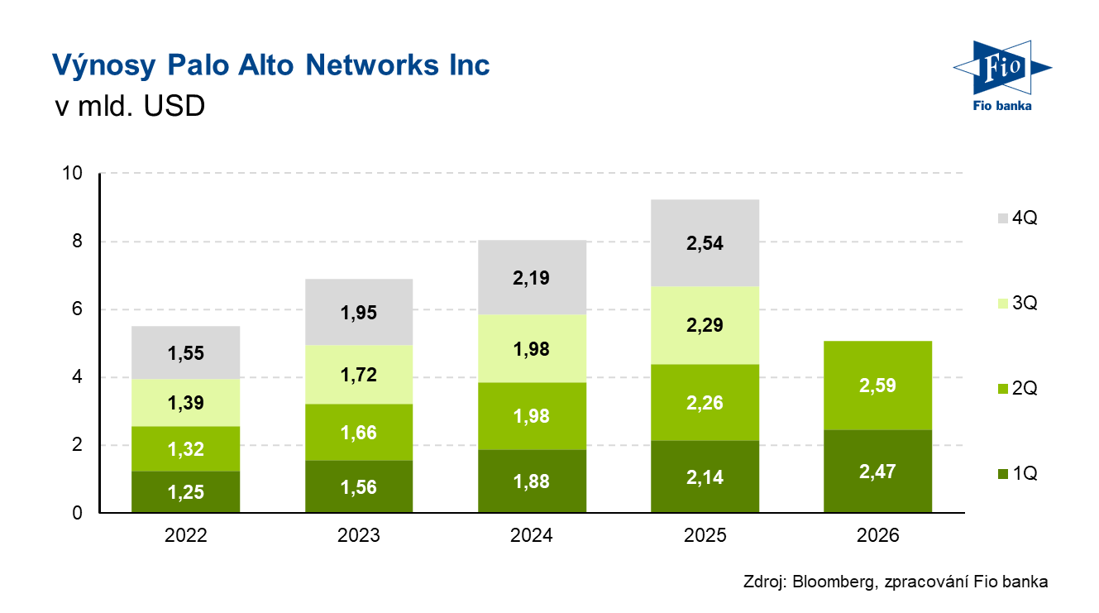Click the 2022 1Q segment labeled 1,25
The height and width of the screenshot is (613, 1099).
pyautogui.click(x=185, y=491)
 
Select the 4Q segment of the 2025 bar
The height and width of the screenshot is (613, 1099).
pyautogui.click(x=705, y=242)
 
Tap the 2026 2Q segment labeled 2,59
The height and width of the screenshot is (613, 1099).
pyautogui.click(x=878, y=386)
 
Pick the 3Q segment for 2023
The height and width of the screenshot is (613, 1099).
pyautogui.click(x=359, y=375)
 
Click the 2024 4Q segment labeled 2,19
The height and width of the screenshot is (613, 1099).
pyautogui.click(x=532, y=278)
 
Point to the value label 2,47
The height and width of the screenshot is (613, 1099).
pyautogui.click(x=878, y=472)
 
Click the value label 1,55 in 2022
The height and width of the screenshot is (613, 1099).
pyautogui.click(x=185, y=354)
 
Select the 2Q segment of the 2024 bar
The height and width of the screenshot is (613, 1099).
pyautogui.click(x=532, y=415)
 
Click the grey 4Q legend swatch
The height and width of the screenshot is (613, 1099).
pyautogui.click(x=1003, y=218)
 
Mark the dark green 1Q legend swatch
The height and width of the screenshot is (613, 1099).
pyautogui.click(x=1003, y=474)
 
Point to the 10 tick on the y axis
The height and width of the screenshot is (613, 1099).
pyautogui.click(x=74, y=174)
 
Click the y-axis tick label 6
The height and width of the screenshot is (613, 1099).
pyautogui.click(x=78, y=309)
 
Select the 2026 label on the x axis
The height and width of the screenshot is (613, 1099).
pyautogui.click(x=878, y=536)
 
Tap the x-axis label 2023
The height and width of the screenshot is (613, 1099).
pyautogui.click(x=359, y=536)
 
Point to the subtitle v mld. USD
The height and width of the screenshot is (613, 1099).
pyautogui.click(x=128, y=107)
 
